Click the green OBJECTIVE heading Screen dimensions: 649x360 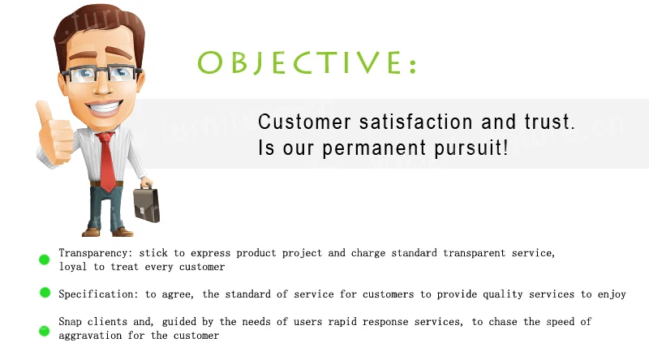(x=307, y=63)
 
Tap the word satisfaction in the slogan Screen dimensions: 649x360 (x=415, y=122)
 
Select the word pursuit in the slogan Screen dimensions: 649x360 (x=471, y=148)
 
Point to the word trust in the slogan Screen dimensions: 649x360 (x=550, y=122)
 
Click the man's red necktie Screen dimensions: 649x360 (x=107, y=161)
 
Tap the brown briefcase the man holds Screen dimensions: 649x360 (x=147, y=204)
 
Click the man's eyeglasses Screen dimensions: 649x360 (x=101, y=74)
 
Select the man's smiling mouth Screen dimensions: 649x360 (x=105, y=107)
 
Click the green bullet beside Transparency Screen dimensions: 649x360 (x=45, y=259)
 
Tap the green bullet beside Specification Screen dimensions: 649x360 (x=45, y=293)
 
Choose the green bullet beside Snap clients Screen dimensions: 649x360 (x=45, y=331)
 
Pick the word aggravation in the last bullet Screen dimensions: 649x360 (x=90, y=336)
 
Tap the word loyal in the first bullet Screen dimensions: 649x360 (x=73, y=267)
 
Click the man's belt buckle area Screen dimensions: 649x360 (x=107, y=184)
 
